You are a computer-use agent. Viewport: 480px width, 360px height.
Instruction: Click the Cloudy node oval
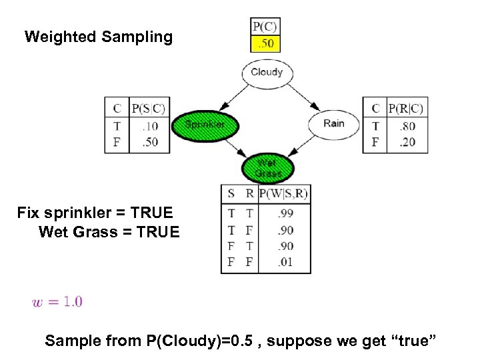[x=267, y=73]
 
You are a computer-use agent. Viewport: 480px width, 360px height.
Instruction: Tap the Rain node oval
[x=333, y=123]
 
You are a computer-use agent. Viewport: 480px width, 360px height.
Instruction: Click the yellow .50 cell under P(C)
[x=265, y=44]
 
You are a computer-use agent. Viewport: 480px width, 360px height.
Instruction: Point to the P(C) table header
[x=265, y=27]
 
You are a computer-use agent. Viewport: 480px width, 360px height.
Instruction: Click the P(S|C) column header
[x=148, y=107]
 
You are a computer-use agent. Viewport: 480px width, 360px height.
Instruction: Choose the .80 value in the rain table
[x=407, y=126]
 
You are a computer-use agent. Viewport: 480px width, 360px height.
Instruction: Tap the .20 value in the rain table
[x=407, y=142]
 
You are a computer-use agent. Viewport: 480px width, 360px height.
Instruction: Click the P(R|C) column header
[x=406, y=108]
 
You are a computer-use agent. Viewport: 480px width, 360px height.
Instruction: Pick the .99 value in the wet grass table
[x=285, y=213]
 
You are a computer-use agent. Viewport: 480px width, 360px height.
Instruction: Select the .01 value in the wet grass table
[x=285, y=262]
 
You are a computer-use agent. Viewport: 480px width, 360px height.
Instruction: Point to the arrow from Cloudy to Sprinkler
[x=234, y=97]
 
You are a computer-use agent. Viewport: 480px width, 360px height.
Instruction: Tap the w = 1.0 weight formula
[x=57, y=302]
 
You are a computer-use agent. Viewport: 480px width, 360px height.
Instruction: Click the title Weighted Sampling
[x=99, y=37]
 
